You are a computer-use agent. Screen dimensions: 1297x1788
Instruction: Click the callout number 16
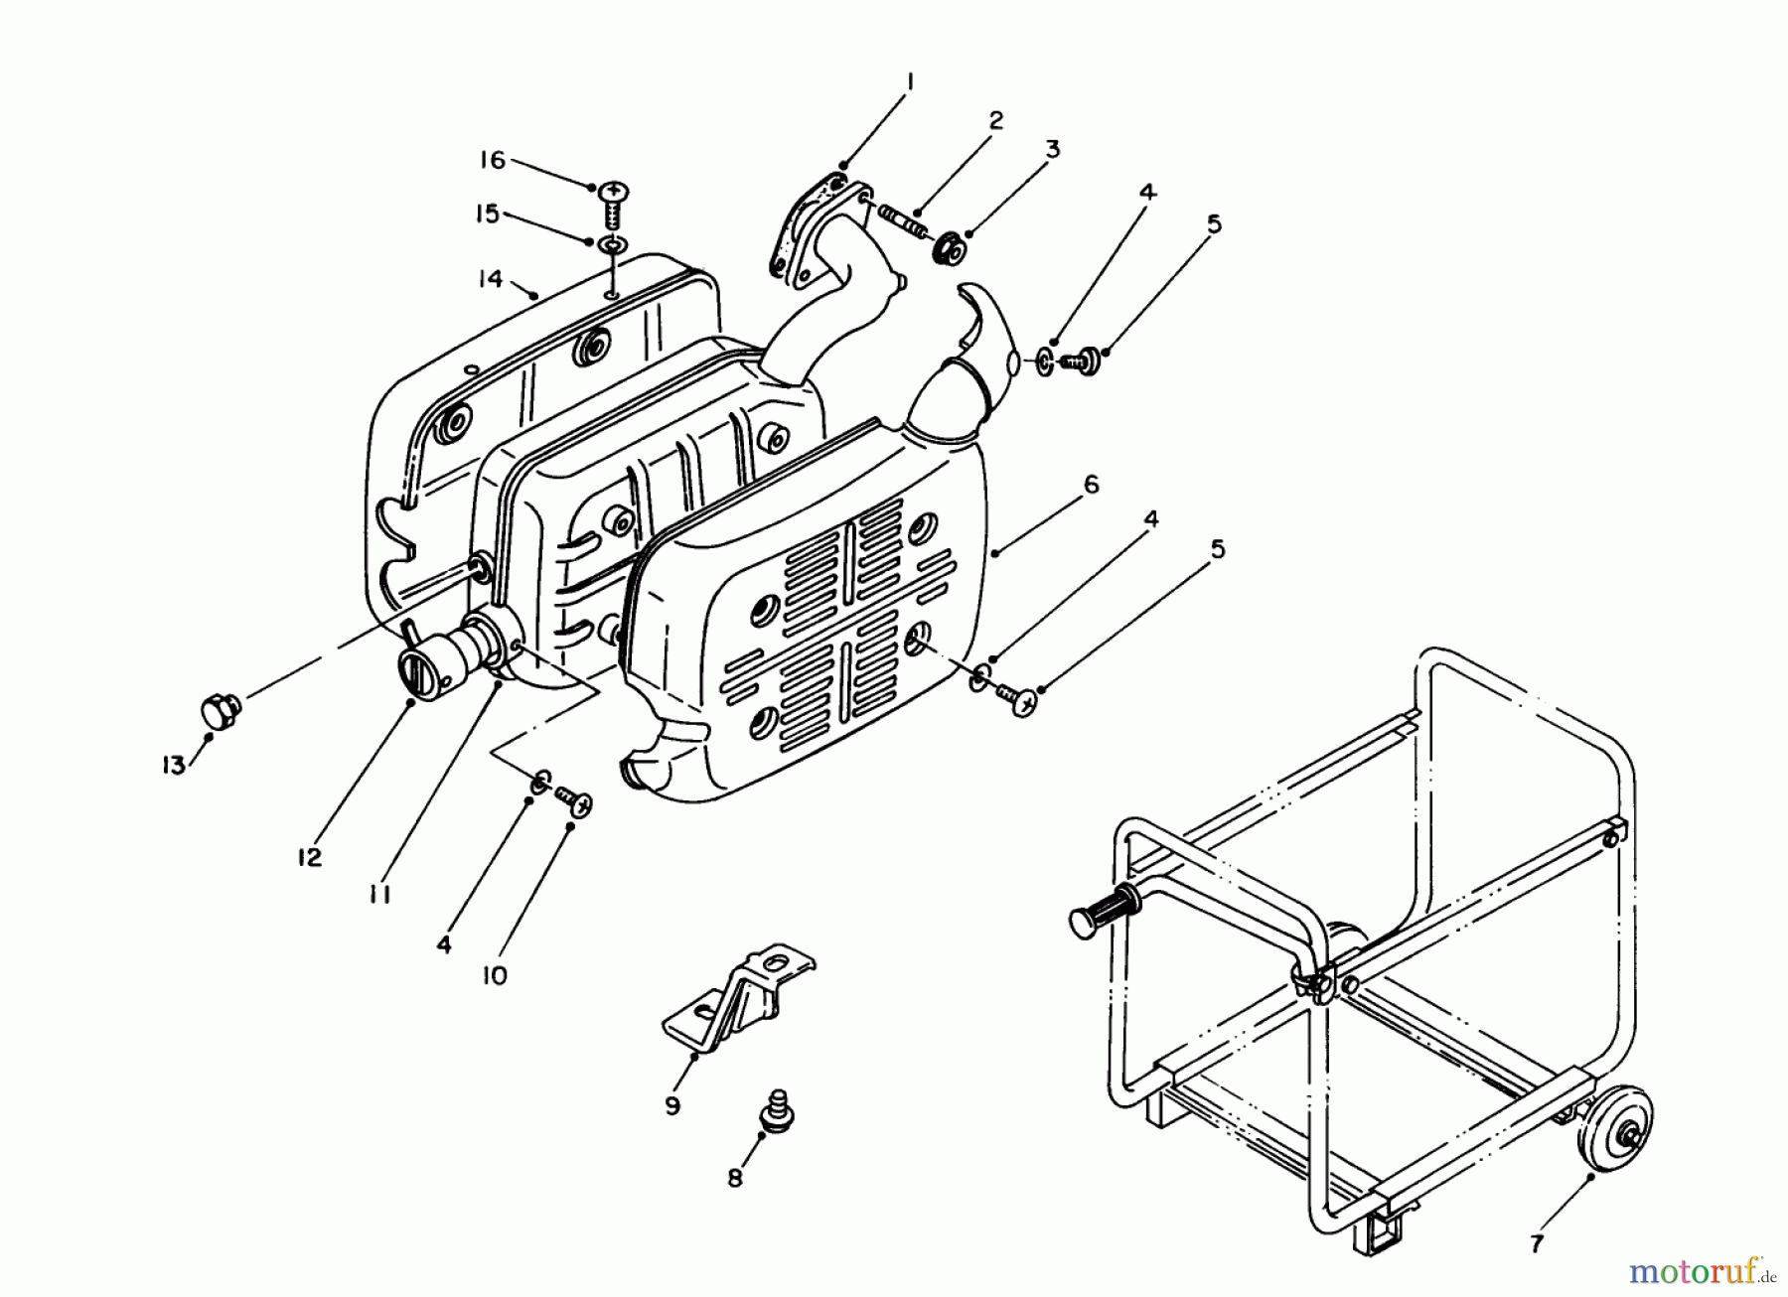pyautogui.click(x=493, y=160)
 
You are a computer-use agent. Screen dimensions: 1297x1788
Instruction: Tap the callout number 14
pyautogui.click(x=489, y=279)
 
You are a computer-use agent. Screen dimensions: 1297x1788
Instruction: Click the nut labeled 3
pyautogui.click(x=948, y=248)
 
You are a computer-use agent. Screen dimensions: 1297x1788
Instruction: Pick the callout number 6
pyautogui.click(x=1091, y=485)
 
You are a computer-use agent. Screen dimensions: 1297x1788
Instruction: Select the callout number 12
pyautogui.click(x=310, y=857)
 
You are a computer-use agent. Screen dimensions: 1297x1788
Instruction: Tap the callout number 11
pyautogui.click(x=378, y=895)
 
